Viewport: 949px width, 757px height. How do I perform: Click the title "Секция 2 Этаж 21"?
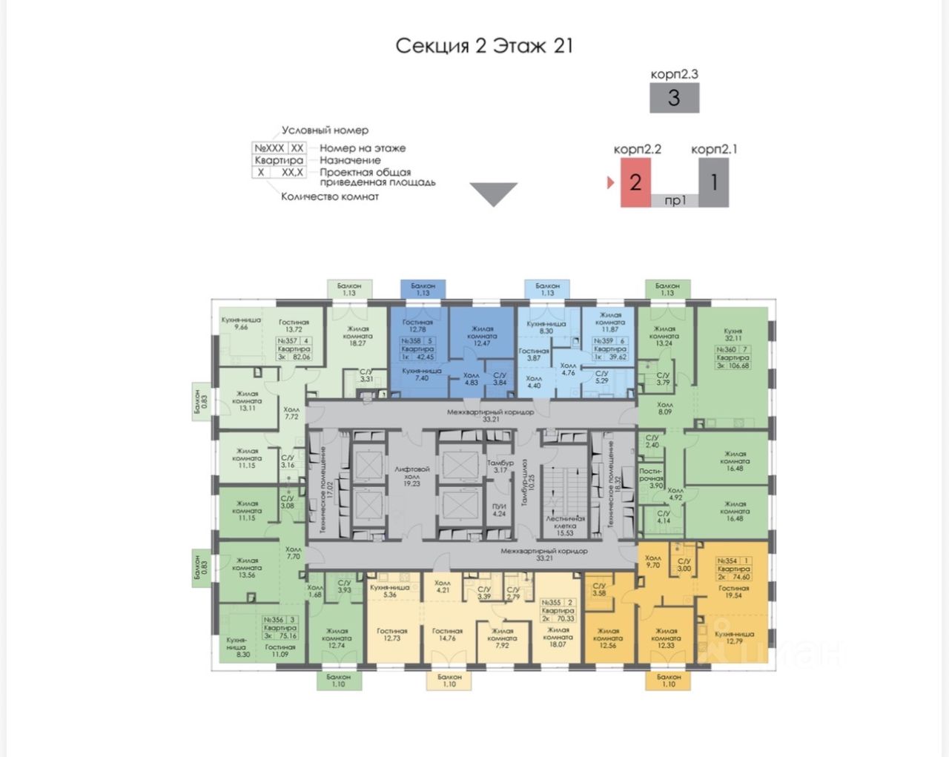tap(483, 45)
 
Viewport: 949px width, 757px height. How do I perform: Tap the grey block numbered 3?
tap(674, 98)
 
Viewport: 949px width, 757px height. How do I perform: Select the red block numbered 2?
tap(635, 182)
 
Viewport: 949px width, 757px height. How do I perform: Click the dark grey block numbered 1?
tap(713, 182)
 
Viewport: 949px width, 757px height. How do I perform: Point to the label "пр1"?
tap(675, 200)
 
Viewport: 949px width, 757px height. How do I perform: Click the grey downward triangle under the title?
tap(494, 194)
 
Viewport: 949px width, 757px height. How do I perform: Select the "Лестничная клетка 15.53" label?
tap(565, 526)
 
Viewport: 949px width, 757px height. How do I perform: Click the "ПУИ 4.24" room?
tap(498, 509)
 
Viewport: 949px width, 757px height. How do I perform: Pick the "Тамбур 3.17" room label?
tap(500, 466)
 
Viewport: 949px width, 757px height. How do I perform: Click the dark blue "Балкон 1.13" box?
tap(423, 289)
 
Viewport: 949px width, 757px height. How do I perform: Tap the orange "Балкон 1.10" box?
tap(669, 681)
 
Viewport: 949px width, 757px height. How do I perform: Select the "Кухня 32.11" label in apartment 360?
tap(733, 335)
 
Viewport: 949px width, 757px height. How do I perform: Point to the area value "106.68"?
tap(739, 366)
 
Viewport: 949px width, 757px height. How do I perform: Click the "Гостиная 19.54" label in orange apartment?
tap(733, 592)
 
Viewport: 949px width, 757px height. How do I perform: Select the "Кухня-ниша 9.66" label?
tap(241, 323)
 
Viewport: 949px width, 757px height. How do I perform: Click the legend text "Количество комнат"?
tap(330, 197)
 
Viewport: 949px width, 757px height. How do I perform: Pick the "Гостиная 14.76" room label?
tap(447, 635)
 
